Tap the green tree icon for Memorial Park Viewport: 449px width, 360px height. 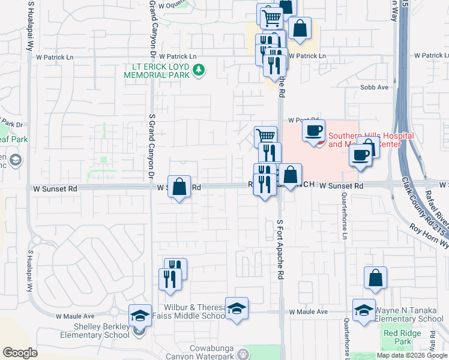point(200,71)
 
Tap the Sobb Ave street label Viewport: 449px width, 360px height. point(375,87)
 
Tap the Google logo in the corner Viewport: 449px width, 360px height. point(20,353)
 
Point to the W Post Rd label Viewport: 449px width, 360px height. point(301,120)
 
